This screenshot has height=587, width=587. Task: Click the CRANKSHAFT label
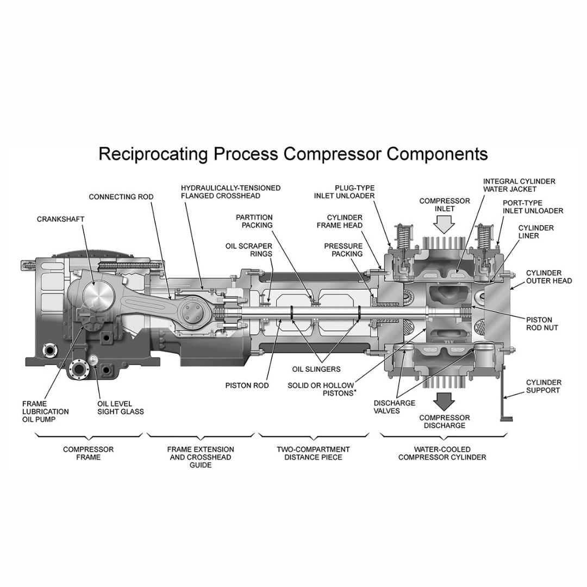click(x=61, y=219)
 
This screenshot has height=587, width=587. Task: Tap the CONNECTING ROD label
click(x=121, y=197)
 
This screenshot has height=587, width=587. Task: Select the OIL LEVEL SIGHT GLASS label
click(x=121, y=408)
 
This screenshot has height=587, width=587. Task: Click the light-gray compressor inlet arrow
click(x=445, y=226)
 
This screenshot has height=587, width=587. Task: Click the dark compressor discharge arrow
click(x=445, y=402)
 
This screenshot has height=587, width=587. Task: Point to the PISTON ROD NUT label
click(x=542, y=324)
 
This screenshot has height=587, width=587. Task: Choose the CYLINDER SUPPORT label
click(x=544, y=386)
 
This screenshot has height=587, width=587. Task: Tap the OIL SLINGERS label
click(x=316, y=369)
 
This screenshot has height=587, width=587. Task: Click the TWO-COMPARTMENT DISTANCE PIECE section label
click(x=314, y=453)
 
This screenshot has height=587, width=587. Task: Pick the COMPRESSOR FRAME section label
click(x=89, y=453)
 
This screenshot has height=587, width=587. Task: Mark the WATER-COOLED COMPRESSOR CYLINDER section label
click(x=442, y=453)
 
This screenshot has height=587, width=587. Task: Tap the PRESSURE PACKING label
click(x=344, y=250)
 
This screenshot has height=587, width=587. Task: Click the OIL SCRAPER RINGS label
click(x=249, y=250)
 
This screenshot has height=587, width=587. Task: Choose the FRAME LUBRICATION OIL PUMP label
click(x=45, y=412)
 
